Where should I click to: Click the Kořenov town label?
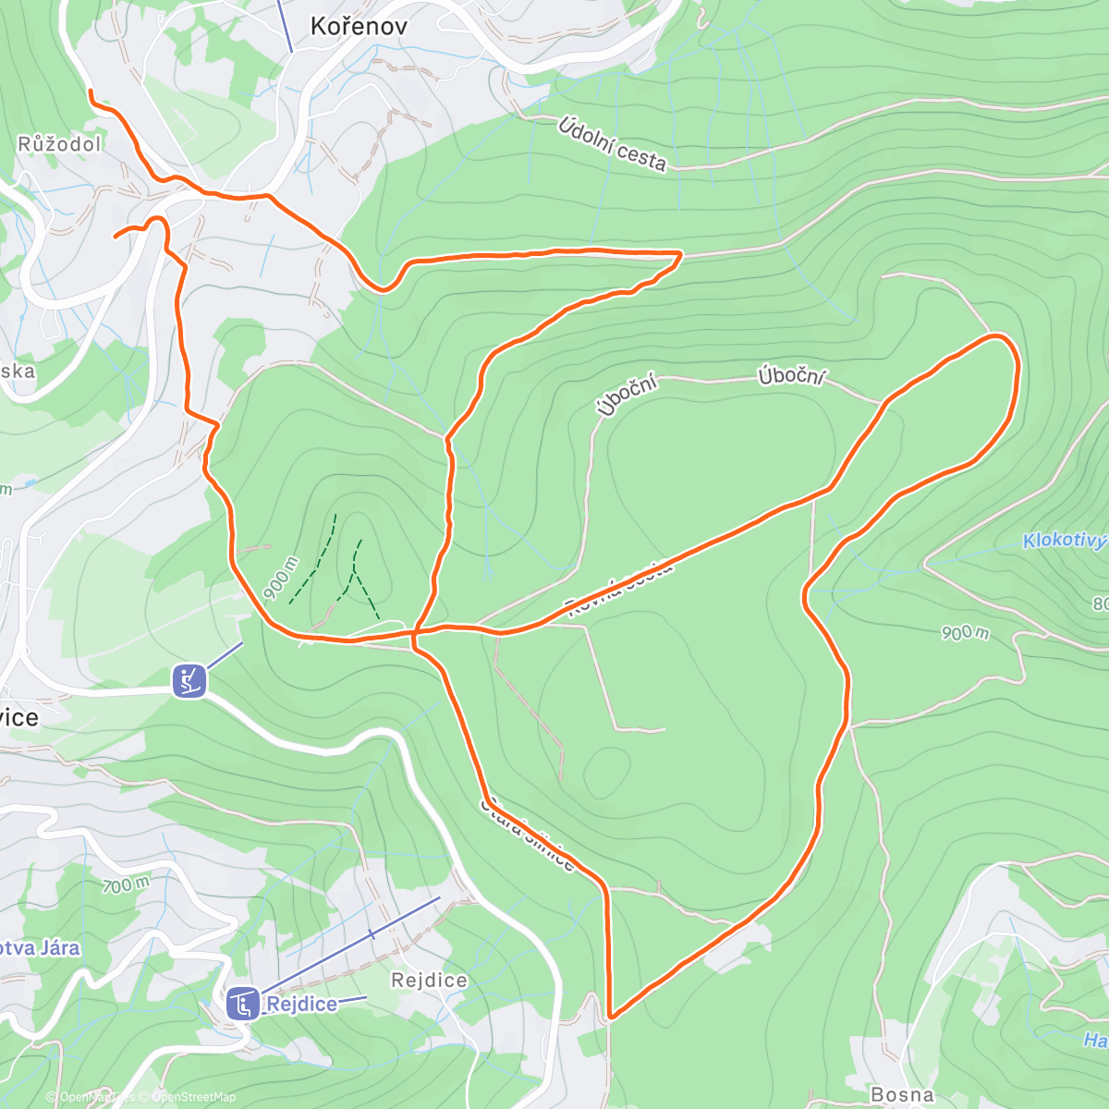(x=359, y=26)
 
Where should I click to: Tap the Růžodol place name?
(x=59, y=144)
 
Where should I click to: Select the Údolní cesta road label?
(x=612, y=144)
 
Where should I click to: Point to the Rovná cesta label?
(x=620, y=588)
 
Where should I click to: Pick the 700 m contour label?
(x=126, y=885)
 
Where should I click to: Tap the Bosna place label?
(x=902, y=1094)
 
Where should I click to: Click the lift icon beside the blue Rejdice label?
(x=243, y=1004)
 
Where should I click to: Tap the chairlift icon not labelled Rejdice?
(x=189, y=681)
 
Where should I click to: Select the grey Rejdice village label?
(x=429, y=980)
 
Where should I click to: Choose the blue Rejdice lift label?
(x=301, y=1004)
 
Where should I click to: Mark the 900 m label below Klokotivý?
(x=965, y=632)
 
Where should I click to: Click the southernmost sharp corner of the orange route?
(x=610, y=1017)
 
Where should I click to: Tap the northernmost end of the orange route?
(x=90, y=91)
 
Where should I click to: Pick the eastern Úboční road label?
(x=791, y=377)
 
